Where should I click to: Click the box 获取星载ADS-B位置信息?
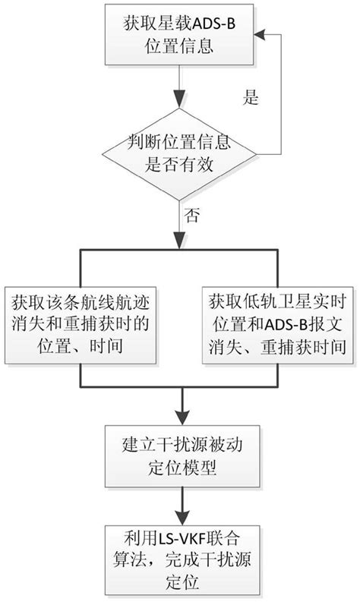(x=180, y=35)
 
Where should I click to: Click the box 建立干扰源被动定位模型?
(x=180, y=455)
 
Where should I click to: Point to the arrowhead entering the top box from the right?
(x=261, y=35)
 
